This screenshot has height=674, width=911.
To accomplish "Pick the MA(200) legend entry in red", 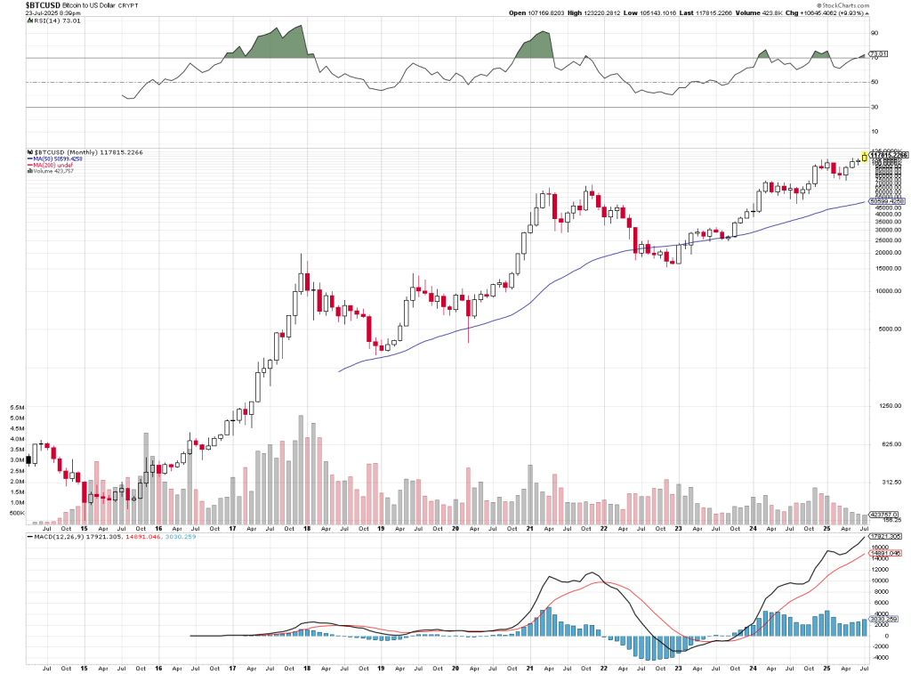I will [51, 165].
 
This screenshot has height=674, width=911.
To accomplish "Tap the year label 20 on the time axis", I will [455, 667].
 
